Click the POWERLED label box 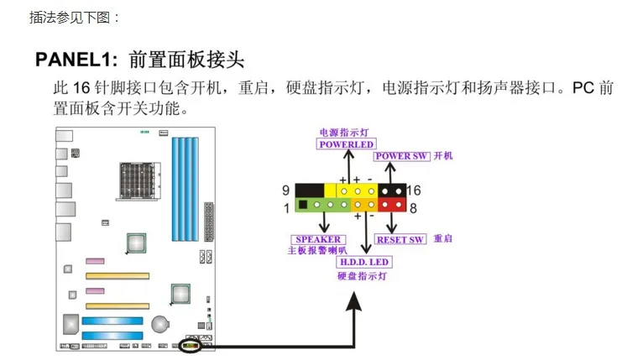click(x=346, y=143)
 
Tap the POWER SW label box click(x=404, y=156)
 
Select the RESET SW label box click(x=401, y=239)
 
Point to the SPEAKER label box click(x=318, y=239)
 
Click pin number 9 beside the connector click(x=285, y=190)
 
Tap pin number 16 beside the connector click(x=413, y=190)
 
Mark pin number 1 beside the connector click(x=285, y=206)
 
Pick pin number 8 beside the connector click(x=412, y=206)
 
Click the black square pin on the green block click(x=303, y=205)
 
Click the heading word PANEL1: click(x=77, y=60)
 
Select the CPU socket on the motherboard click(x=134, y=176)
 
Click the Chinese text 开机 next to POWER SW click(x=443, y=156)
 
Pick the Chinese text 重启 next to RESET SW click(x=443, y=239)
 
